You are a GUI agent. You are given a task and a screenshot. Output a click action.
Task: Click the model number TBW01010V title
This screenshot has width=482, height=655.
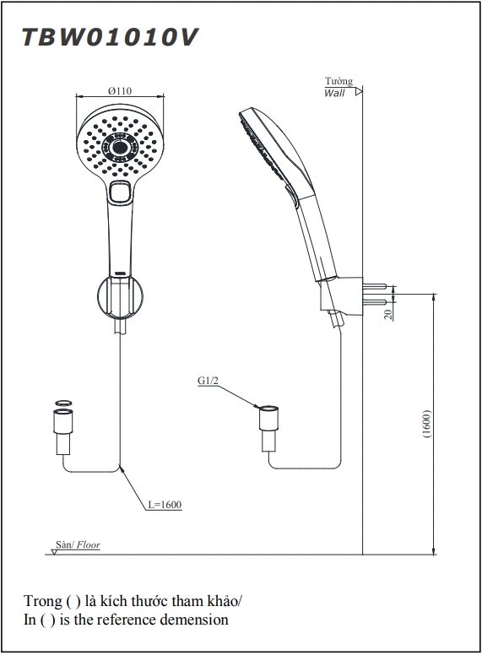[110, 38]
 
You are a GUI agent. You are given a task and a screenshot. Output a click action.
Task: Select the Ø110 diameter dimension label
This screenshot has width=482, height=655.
[120, 90]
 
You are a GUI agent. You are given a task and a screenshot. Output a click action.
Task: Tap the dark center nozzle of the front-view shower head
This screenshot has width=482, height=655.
[121, 147]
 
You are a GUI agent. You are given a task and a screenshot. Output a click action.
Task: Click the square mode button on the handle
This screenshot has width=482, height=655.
[120, 192]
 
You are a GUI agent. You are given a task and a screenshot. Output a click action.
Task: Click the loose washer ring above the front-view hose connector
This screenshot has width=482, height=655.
[63, 403]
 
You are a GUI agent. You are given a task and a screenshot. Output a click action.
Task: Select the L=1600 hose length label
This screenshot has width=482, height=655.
[165, 505]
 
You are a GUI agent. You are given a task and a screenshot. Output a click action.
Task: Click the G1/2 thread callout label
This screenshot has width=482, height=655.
[208, 381]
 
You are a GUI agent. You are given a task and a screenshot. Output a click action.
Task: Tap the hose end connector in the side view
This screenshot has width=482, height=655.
[268, 428]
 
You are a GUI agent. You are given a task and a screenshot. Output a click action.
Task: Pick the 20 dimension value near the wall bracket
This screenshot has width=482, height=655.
[389, 315]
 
